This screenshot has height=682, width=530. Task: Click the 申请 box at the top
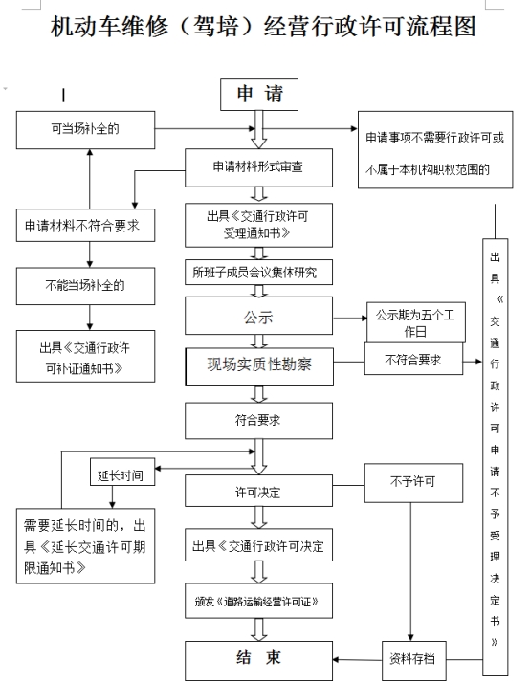coord(259,95)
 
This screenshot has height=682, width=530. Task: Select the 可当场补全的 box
coord(85,130)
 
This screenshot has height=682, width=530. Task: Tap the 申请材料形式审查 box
coord(258,168)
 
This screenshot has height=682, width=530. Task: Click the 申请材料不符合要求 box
coord(85,226)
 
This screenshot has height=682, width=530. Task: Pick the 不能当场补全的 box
coord(85,286)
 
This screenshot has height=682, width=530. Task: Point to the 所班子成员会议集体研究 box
coord(258,273)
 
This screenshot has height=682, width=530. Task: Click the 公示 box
coord(258,316)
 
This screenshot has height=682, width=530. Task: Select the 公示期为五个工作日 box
coord(415,322)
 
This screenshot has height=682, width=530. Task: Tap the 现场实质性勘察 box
coord(259,366)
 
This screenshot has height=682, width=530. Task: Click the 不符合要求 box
coord(413,359)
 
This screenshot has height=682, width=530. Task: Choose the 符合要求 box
coord(258,420)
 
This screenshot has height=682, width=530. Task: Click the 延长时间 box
coord(122,472)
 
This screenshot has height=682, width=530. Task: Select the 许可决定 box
coord(258,491)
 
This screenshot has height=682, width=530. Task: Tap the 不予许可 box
coord(413,483)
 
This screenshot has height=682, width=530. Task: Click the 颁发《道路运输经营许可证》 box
coord(258,601)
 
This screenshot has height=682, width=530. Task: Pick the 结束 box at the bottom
coord(258,661)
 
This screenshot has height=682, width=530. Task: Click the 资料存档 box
coord(414,661)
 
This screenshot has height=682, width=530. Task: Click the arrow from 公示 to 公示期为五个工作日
coord(350,318)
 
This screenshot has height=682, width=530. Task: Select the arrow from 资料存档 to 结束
coord(357,660)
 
